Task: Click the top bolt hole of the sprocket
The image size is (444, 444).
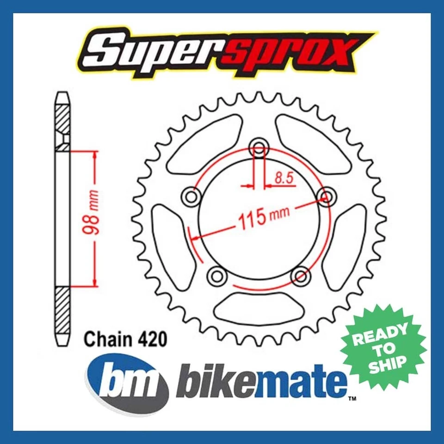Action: click(258, 149)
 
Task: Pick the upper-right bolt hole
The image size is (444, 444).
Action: click(326, 197)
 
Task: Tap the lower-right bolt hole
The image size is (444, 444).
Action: click(300, 276)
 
